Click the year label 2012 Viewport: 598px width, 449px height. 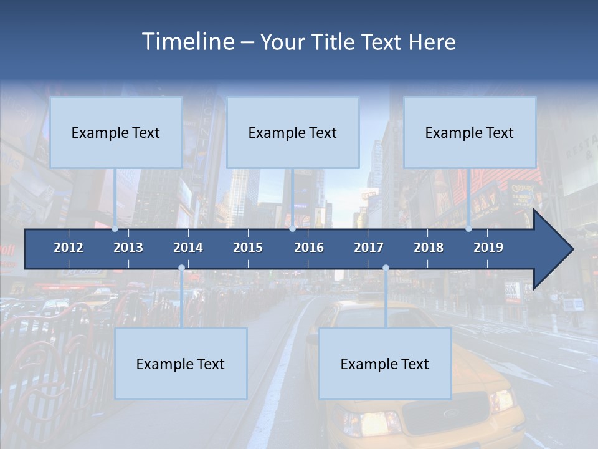(69, 248)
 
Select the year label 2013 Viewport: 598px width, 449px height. (128, 248)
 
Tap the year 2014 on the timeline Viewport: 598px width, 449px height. (188, 248)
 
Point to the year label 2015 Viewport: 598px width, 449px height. (248, 248)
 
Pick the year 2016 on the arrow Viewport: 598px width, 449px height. (309, 248)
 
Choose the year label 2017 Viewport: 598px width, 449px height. (369, 248)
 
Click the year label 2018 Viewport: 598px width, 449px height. (429, 248)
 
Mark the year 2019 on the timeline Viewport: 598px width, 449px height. (488, 248)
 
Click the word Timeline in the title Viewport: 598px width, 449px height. (187, 42)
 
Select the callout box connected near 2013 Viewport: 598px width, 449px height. (116, 132)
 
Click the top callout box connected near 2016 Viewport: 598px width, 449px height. (293, 132)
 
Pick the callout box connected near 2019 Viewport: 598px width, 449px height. (470, 132)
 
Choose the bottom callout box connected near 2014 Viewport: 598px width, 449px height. (181, 364)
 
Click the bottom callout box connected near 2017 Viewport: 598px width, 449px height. (385, 364)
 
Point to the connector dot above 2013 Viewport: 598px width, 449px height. (115, 229)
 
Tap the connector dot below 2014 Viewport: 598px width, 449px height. (181, 268)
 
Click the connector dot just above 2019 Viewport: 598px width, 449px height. (468, 229)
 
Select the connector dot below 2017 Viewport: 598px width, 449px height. (386, 268)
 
